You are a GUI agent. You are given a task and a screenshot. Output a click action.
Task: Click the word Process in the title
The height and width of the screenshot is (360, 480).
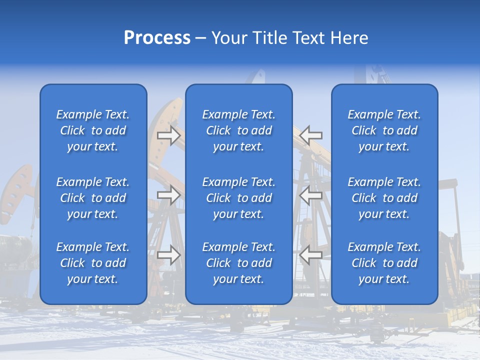157,38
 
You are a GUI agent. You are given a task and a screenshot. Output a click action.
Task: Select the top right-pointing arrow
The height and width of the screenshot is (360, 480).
169,135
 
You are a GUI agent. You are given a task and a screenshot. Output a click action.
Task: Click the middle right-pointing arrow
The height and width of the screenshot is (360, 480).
169,195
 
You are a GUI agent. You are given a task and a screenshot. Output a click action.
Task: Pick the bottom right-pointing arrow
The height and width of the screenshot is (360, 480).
169,255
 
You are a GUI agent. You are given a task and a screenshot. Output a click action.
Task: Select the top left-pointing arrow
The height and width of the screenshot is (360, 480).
311,135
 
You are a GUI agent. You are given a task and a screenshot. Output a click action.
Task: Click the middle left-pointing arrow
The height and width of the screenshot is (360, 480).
311,195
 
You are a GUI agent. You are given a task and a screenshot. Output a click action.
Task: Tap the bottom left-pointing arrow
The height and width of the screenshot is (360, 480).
311,255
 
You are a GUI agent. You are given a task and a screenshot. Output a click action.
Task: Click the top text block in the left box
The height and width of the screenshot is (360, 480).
93,130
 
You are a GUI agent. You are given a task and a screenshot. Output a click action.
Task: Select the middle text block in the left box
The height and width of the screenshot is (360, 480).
93,198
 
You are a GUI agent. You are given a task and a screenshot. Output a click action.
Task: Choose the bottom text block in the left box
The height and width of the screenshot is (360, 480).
93,263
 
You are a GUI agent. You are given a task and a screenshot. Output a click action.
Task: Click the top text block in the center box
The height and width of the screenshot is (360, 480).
239,130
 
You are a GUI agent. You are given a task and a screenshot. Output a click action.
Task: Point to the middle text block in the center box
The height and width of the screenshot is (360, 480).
239,198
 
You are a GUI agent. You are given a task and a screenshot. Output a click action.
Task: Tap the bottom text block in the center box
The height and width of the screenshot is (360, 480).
239,263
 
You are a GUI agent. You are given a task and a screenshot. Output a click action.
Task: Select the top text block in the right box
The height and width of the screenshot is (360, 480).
384,130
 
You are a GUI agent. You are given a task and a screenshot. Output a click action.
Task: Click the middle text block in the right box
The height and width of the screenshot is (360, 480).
384,198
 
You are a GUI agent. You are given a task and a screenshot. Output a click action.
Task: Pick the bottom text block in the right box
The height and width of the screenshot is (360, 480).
384,263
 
